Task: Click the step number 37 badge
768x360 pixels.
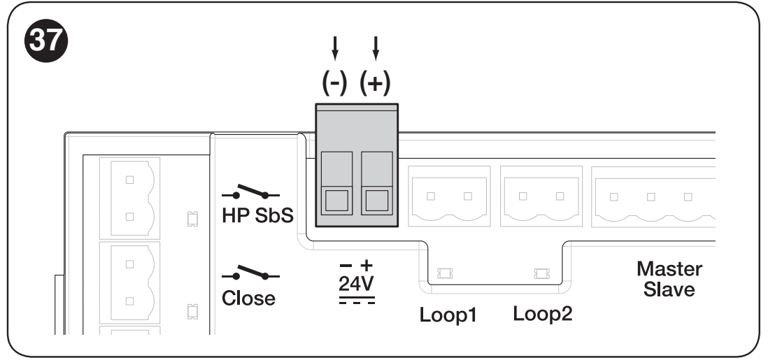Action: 45,41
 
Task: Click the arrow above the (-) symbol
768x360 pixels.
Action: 335,48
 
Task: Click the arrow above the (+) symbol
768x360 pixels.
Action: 376,48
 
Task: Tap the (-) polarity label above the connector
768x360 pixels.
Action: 334,84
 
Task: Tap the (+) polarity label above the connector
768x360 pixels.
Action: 375,84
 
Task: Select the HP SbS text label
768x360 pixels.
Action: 257,215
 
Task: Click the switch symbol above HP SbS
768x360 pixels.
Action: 251,192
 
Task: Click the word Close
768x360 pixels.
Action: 248,298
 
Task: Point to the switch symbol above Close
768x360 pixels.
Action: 251,273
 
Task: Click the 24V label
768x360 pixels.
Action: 356,284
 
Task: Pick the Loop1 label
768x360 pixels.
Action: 448,315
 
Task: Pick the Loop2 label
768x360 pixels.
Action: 542,313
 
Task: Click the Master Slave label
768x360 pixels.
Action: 669,279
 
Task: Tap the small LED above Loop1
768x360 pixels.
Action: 445,273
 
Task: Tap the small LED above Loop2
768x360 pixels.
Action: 541,273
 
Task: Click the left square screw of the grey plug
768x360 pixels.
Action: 336,201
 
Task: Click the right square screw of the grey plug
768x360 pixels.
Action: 377,201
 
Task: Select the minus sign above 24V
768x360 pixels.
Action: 346,266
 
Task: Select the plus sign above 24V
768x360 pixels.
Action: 367,265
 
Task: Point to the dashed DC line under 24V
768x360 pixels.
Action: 357,303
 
